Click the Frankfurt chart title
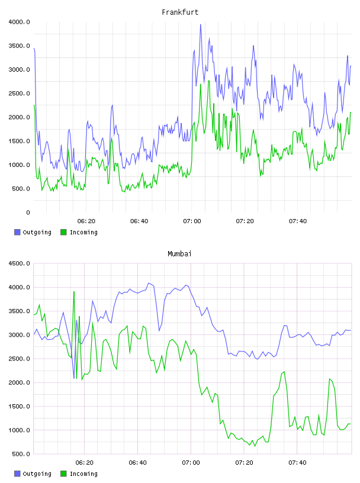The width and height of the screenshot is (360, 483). tap(180, 12)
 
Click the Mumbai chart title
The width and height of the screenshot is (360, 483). tap(179, 254)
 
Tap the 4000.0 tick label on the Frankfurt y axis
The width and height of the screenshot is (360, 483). tap(19, 22)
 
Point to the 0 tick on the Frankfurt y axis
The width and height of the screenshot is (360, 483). tap(28, 212)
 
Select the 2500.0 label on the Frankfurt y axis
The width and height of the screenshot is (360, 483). tap(19, 94)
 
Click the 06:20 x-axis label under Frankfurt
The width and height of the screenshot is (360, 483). tap(86, 221)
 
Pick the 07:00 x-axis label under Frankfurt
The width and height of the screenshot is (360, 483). tap(192, 221)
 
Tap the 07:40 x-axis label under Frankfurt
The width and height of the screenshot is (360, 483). tap(298, 221)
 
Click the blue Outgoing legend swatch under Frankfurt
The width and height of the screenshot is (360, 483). tap(17, 232)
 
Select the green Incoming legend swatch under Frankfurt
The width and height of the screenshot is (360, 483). tap(63, 232)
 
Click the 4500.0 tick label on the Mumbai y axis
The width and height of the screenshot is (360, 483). tap(19, 263)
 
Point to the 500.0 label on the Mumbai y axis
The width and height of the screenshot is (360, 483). tap(21, 454)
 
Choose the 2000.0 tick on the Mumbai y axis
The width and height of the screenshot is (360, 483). tap(19, 382)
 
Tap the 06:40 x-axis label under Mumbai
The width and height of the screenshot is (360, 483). tap(138, 463)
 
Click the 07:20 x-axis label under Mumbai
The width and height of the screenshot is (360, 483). tap(244, 463)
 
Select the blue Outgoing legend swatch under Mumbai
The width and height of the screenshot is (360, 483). tap(17, 474)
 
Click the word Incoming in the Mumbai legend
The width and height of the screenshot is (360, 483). tap(83, 474)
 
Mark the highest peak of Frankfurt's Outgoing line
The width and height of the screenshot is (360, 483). tap(201, 25)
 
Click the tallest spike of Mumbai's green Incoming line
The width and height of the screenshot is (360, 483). tap(74, 291)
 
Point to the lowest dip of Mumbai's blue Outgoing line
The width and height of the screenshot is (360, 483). tap(74, 378)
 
